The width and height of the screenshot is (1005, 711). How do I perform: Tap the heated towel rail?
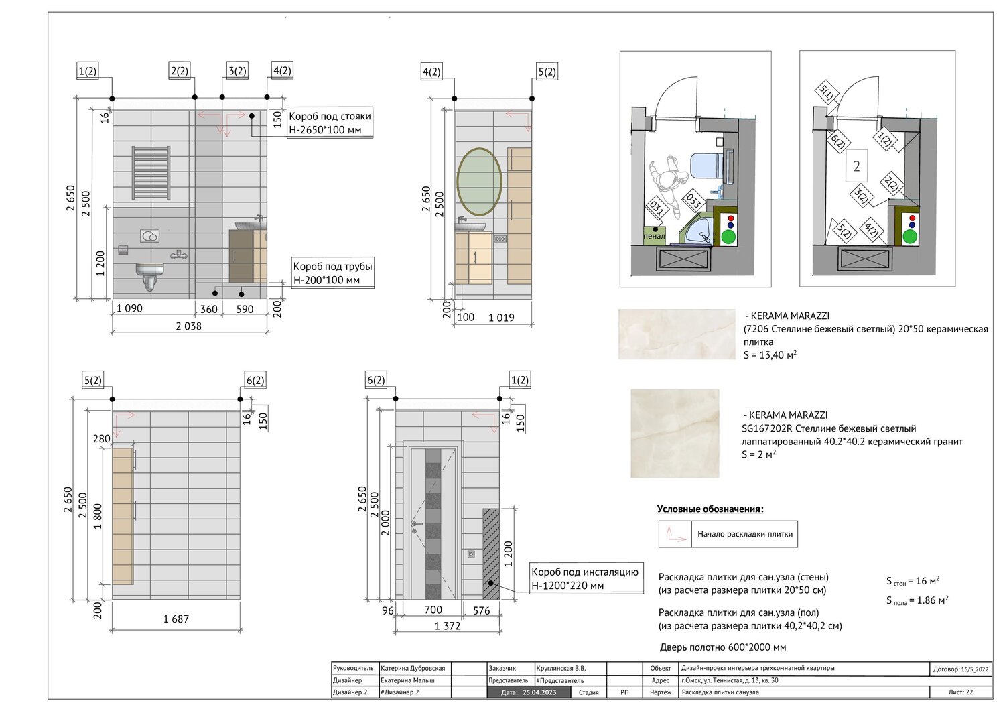151,172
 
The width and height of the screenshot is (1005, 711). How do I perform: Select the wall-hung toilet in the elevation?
149,275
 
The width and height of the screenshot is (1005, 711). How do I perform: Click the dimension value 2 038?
188,326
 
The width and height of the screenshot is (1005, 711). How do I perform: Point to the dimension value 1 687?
176,619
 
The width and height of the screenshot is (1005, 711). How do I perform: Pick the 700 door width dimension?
433,610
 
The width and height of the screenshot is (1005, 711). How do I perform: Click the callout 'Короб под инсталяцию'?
585,572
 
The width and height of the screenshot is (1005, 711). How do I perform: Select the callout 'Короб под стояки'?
330,116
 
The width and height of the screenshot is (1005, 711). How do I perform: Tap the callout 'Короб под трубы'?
332,266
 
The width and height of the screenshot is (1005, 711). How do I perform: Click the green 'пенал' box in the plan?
654,235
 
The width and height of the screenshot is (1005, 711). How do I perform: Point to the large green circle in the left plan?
729,237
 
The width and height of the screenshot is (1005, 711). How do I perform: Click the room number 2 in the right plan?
856,166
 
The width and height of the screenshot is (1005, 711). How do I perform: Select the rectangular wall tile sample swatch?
677,334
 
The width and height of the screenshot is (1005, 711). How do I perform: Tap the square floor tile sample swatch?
675,433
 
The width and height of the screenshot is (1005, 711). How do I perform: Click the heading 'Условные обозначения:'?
710,509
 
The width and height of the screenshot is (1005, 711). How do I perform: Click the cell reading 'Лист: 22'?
961,692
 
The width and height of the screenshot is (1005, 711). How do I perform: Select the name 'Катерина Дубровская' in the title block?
412,668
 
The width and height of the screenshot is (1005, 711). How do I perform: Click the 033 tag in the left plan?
693,201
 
